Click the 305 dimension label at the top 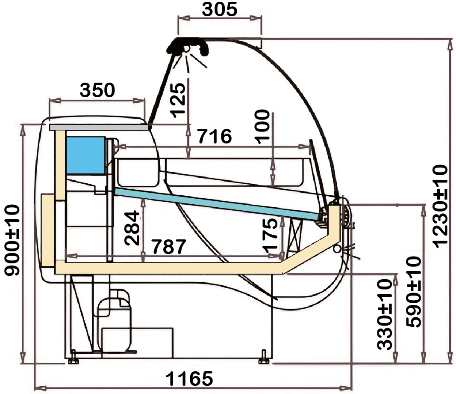(220, 9)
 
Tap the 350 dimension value (97, 90)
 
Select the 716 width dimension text (215, 136)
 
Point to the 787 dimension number (169, 247)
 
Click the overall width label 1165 (189, 379)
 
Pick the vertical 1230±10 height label (440, 206)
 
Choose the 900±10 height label (12, 240)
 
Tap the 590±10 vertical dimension (414, 292)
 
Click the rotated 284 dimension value (132, 228)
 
